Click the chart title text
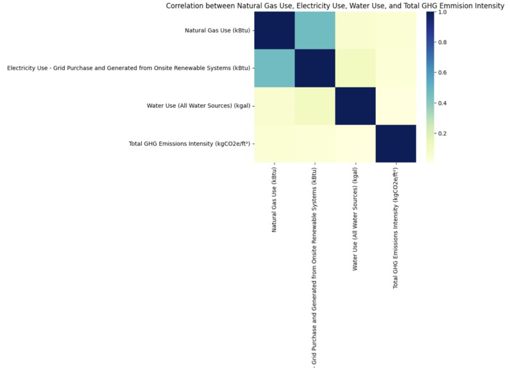(x=335, y=6)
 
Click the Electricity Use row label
(x=128, y=68)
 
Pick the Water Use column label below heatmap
(x=356, y=216)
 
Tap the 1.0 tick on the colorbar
(x=443, y=13)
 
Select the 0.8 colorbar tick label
(x=443, y=42)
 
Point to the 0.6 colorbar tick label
(x=443, y=73)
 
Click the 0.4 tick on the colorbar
(x=443, y=103)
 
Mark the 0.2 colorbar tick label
(x=443, y=133)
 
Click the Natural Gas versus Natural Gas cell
(x=275, y=31)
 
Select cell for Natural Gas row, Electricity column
(x=315, y=31)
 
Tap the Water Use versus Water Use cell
(x=355, y=105)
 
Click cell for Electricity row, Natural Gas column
(x=275, y=68)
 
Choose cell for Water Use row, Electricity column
(x=315, y=105)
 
